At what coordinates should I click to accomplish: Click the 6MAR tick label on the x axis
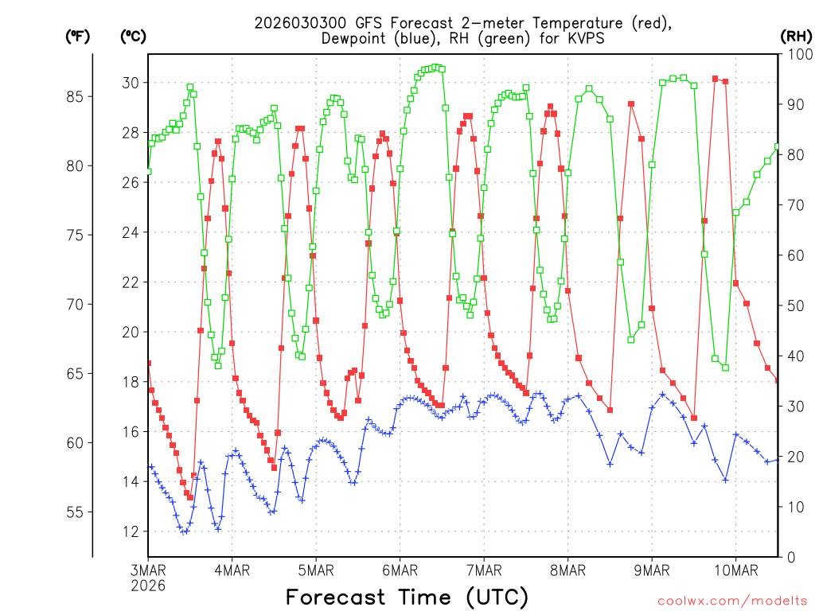[400, 570]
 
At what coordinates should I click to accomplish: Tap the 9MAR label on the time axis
[651, 570]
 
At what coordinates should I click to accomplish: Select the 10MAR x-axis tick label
[735, 570]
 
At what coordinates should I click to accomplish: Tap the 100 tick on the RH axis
[798, 54]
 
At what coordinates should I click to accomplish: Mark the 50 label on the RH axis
[795, 305]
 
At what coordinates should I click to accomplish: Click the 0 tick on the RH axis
[791, 557]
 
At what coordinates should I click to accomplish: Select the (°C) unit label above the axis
[132, 36]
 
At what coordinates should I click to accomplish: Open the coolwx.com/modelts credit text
[732, 600]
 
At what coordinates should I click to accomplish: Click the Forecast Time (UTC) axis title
[407, 597]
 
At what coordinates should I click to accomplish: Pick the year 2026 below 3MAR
[148, 585]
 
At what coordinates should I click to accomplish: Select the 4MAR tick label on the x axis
[232, 570]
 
